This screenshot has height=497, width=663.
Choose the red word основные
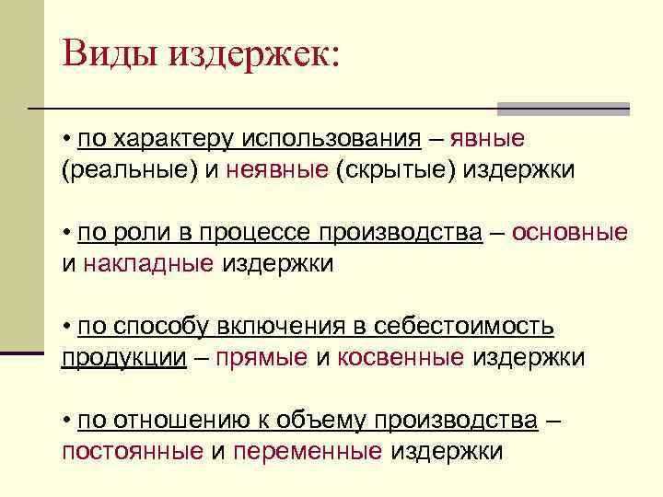(570, 233)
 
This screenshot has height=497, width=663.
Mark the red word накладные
(148, 264)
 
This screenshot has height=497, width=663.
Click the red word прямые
(262, 358)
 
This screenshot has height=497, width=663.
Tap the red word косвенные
(401, 358)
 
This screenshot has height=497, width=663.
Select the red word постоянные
(133, 452)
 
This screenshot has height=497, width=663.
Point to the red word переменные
(308, 452)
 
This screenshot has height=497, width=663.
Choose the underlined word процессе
(239, 233)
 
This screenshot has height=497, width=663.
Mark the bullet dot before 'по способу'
(67, 327)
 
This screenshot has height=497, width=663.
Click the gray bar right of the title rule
(563, 109)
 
